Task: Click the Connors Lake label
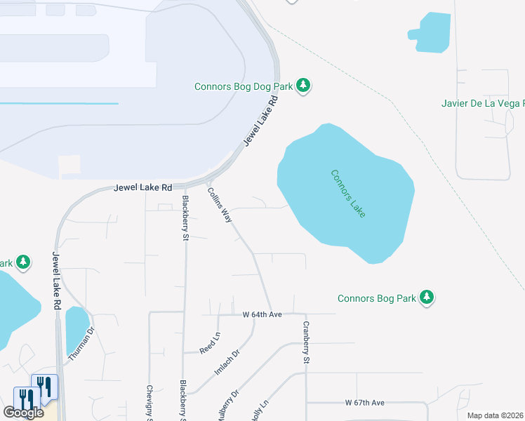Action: (347, 193)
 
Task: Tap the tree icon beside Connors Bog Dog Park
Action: (303, 86)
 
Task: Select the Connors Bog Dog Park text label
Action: (244, 86)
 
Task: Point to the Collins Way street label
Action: (220, 205)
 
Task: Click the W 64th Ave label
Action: (262, 314)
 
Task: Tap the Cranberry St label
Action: (306, 342)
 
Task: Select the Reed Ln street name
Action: (210, 344)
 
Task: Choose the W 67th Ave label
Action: (365, 403)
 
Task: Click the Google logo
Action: (24, 413)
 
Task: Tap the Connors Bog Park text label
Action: (377, 298)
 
